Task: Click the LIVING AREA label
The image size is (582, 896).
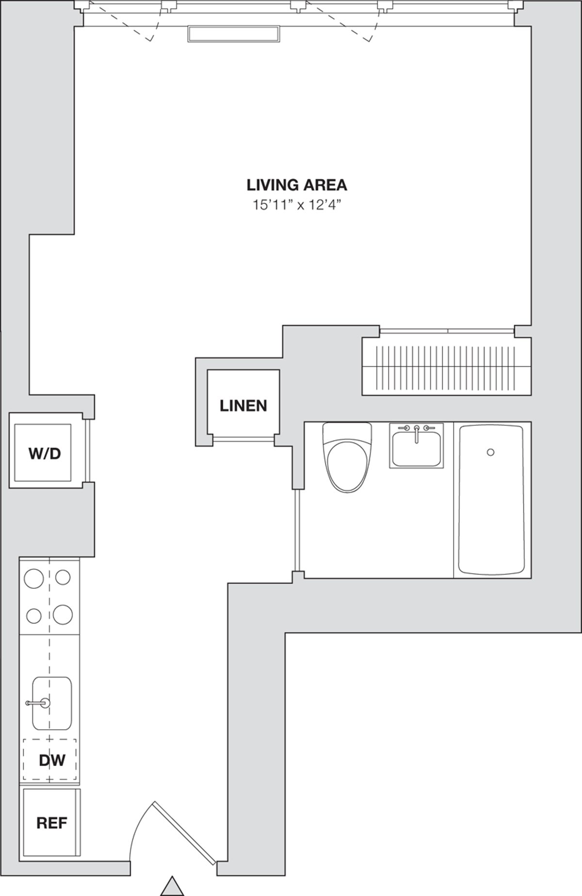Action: pyautogui.click(x=297, y=185)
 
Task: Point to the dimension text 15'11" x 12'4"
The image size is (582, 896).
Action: pyautogui.click(x=297, y=205)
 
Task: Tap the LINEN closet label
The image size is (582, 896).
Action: pyautogui.click(x=243, y=405)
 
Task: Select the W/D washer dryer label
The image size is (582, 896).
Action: pyautogui.click(x=45, y=453)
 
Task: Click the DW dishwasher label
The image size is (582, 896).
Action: pyautogui.click(x=51, y=760)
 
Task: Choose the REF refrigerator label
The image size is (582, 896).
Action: pyautogui.click(x=51, y=823)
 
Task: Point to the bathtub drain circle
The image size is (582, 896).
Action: pyautogui.click(x=490, y=452)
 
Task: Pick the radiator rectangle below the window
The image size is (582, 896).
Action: pyautogui.click(x=234, y=34)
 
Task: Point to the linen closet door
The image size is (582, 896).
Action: pyautogui.click(x=243, y=439)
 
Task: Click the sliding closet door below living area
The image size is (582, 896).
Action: pyautogui.click(x=446, y=331)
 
